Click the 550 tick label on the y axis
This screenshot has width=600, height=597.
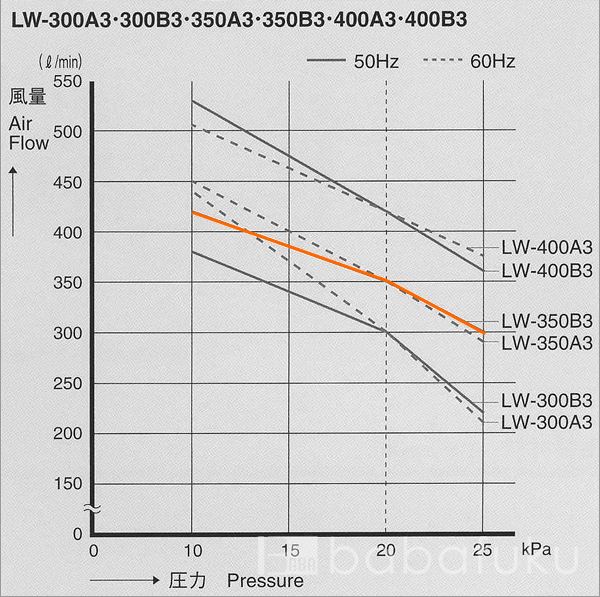[66, 82]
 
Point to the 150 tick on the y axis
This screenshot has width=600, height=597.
[66, 483]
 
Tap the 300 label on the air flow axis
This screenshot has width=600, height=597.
[66, 332]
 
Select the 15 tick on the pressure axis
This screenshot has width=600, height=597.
[289, 549]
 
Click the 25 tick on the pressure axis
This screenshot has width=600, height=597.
[483, 549]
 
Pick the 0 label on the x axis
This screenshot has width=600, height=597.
[94, 549]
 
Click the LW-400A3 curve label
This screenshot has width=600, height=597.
[547, 248]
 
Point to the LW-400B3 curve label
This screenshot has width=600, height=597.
[547, 270]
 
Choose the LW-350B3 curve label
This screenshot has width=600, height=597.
[547, 321]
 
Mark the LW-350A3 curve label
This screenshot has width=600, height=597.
[547, 343]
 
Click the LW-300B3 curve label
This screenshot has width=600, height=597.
[547, 400]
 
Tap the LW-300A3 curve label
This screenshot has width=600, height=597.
[547, 422]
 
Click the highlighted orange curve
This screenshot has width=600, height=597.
[290, 247]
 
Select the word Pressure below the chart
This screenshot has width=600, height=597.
[264, 579]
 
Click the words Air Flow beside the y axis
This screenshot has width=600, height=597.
[28, 133]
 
